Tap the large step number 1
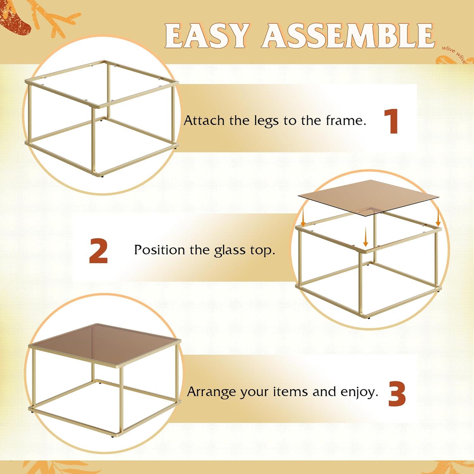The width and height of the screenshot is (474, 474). pos(392,121)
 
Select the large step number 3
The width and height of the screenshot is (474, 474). pos(397,394)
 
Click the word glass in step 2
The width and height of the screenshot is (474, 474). pos(230,251)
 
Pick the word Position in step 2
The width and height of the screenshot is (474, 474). pos(159,250)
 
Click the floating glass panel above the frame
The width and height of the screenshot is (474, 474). pos(368,198)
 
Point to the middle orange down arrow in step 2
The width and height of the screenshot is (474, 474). pos(366,237)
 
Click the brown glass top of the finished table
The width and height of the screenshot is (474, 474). pos(105,344)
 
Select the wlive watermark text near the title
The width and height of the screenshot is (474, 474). pos(454,54)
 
